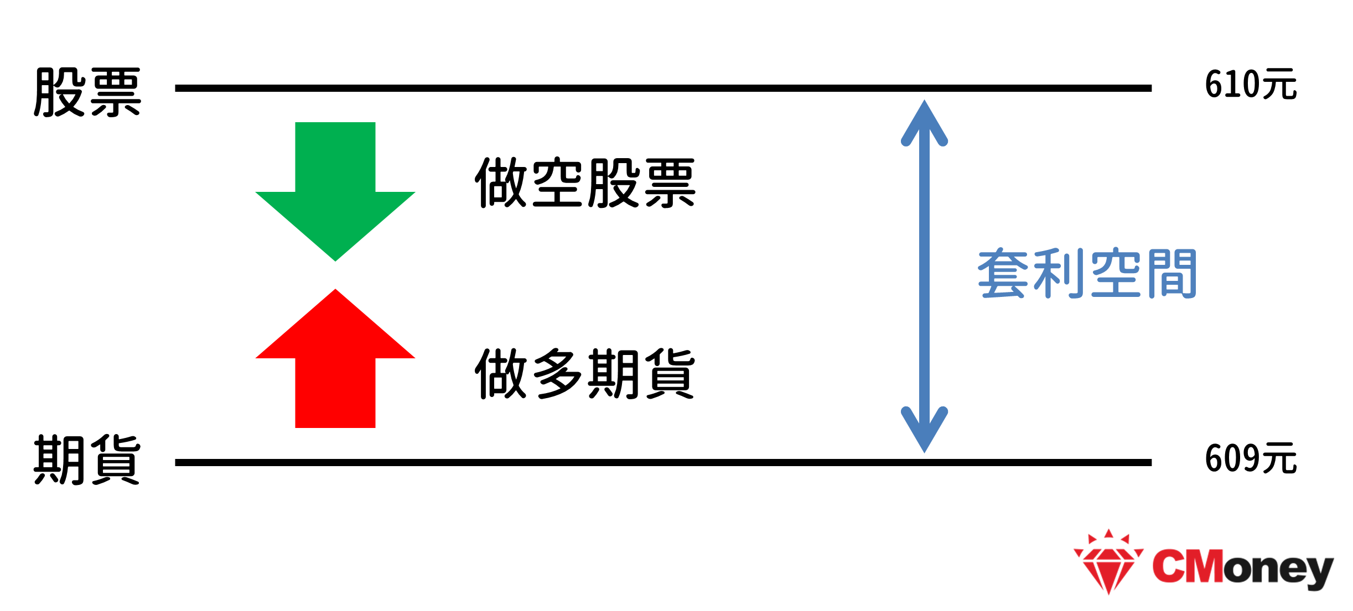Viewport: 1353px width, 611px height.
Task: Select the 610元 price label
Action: pos(1250,85)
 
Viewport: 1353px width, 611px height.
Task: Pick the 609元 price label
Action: pos(1250,458)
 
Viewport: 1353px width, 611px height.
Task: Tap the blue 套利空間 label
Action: pos(1087,274)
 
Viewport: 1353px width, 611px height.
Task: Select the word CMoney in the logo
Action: pos(1242,567)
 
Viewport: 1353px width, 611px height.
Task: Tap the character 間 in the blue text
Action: pos(1172,274)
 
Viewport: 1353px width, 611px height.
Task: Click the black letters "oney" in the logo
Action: pos(1278,570)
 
